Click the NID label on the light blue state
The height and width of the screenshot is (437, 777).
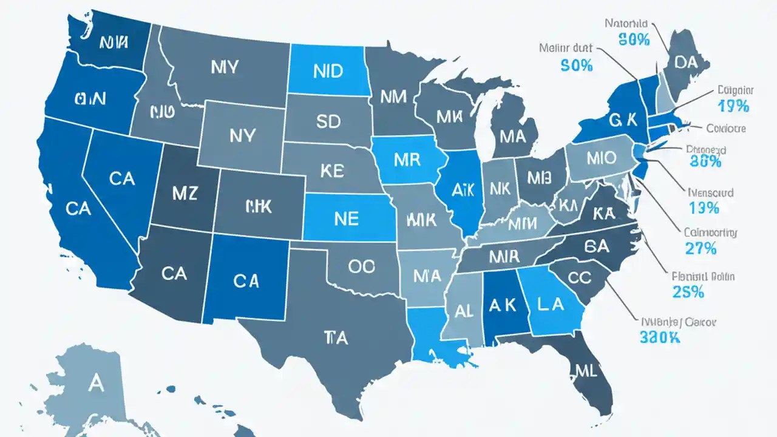(328, 70)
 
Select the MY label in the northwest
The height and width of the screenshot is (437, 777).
(225, 67)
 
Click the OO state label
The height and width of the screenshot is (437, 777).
(362, 266)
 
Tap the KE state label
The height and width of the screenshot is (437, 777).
(331, 171)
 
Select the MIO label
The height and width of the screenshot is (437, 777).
(601, 158)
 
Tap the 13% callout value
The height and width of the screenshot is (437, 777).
(704, 208)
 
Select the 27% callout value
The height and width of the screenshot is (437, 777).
(702, 248)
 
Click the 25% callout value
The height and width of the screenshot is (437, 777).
(688, 292)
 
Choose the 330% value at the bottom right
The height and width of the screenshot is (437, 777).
(659, 337)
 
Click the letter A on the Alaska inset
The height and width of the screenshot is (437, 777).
(95, 382)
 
